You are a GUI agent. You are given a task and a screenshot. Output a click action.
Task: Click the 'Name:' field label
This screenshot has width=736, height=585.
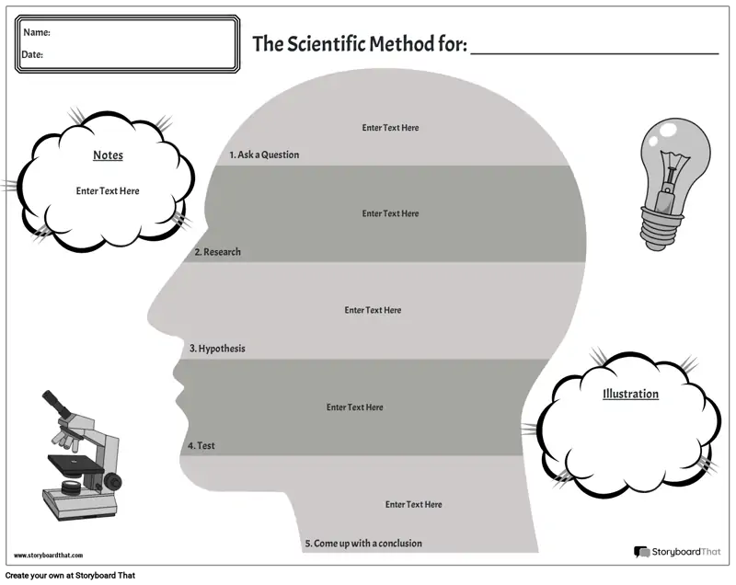click(37, 32)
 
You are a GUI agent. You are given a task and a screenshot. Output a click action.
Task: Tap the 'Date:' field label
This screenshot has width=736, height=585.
click(32, 54)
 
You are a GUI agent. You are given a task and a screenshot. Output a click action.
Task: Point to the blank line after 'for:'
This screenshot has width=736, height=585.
click(594, 54)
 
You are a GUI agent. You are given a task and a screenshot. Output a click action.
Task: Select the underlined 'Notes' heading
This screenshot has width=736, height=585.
click(108, 155)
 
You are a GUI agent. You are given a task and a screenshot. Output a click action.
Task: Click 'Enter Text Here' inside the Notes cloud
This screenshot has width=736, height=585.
click(108, 191)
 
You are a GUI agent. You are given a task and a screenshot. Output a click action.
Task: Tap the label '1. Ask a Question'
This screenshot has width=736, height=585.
click(264, 155)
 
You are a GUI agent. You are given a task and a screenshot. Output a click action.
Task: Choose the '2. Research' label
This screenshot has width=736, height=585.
click(217, 252)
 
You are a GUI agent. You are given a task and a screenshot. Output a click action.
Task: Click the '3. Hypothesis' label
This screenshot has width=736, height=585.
click(217, 349)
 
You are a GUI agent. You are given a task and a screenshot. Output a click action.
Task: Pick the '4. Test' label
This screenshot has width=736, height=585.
click(201, 446)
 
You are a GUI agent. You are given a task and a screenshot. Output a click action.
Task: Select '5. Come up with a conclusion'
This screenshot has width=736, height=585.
click(363, 544)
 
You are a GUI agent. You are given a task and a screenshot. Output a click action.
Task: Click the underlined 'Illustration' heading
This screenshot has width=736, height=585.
click(630, 394)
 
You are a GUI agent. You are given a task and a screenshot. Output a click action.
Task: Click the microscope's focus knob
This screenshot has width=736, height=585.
click(112, 481)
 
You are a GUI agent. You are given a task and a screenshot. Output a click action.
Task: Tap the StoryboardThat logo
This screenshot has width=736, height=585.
click(677, 552)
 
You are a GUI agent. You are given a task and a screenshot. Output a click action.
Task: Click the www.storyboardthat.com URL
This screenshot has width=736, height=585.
click(49, 556)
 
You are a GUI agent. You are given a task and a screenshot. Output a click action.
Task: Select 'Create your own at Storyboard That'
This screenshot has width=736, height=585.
click(71, 576)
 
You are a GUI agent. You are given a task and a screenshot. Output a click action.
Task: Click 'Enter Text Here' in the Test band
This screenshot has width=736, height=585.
click(355, 407)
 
